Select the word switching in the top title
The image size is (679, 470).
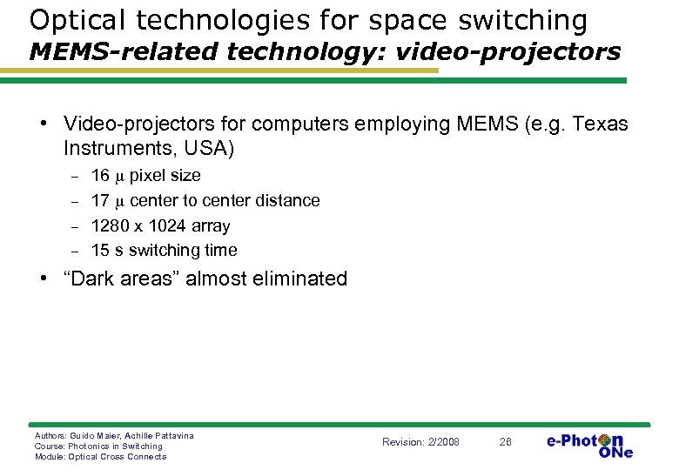[516, 19]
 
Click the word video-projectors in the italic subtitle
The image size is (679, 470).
[508, 51]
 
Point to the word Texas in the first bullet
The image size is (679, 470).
[600, 124]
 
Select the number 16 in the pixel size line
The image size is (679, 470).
[100, 176]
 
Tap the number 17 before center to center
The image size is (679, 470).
[100, 201]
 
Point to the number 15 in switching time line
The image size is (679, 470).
[100, 251]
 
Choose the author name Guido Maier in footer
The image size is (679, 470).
[94, 435]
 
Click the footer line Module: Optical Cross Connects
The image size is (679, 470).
[100, 456]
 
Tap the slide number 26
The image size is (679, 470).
[505, 442]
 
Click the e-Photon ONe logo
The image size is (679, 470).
[589, 444]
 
